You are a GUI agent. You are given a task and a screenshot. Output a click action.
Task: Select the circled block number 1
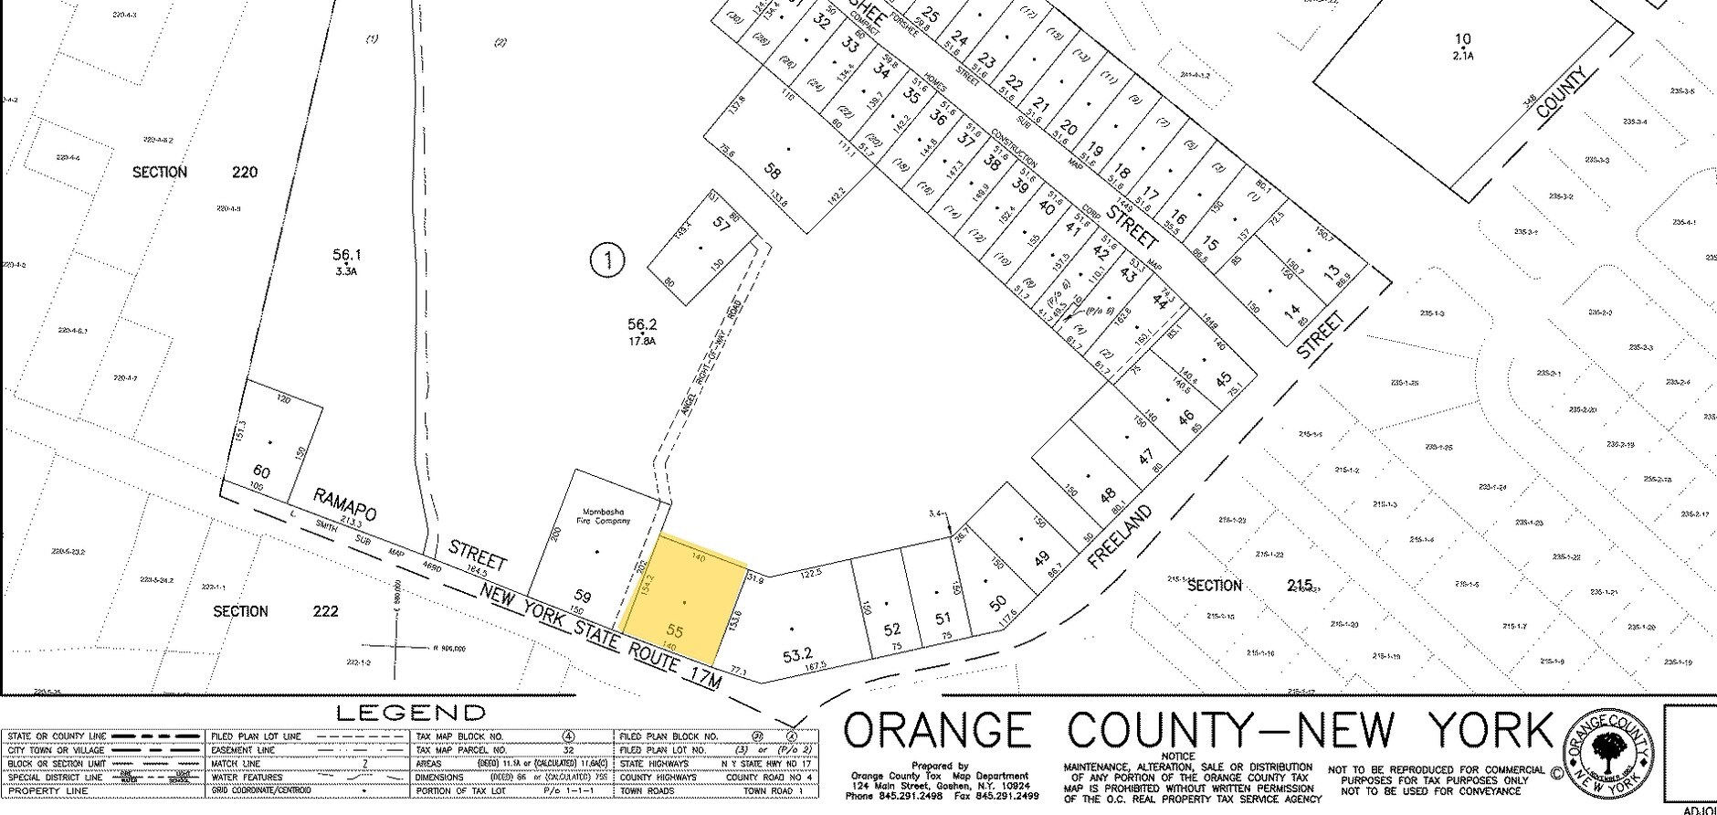[607, 261]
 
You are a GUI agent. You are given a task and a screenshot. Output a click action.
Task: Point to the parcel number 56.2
[642, 324]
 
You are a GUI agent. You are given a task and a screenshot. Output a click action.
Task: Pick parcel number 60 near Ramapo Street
[262, 471]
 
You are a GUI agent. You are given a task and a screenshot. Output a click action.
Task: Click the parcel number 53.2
[797, 654]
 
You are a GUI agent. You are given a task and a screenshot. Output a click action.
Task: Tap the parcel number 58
[773, 172]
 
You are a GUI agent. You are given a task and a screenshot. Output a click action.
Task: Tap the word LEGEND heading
[411, 713]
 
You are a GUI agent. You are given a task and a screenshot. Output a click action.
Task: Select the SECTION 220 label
[196, 172]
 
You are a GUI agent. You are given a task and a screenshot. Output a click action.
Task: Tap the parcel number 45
[1224, 378]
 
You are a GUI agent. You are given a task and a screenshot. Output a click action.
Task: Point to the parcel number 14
[1292, 313]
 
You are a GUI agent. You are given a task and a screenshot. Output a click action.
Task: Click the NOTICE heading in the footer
[1177, 757]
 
